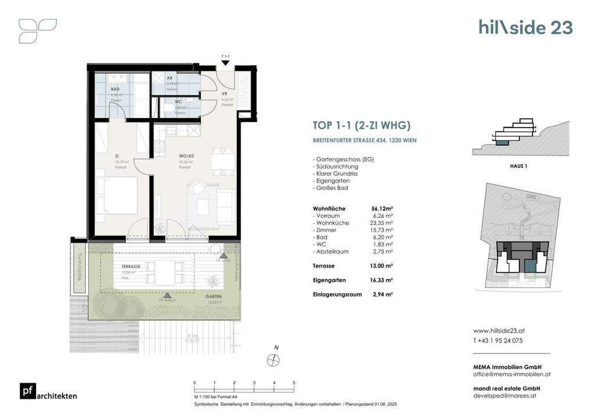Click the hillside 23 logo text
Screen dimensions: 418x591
525,27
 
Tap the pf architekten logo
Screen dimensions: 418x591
48,392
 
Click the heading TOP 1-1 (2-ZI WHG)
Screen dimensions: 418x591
358,125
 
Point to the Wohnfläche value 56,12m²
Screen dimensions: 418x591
382,208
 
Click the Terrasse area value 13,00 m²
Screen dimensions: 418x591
382,265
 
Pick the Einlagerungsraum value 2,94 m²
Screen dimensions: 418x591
382,294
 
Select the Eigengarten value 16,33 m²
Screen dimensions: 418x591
382,280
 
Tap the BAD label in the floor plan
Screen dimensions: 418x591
115,89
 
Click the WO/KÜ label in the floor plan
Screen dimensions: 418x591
185,157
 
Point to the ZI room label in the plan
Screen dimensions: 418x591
117,157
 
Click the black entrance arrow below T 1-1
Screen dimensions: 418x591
225,63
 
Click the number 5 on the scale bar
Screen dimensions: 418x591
294,383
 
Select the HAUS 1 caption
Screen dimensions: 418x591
510,166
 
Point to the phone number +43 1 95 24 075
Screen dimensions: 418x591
498,341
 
